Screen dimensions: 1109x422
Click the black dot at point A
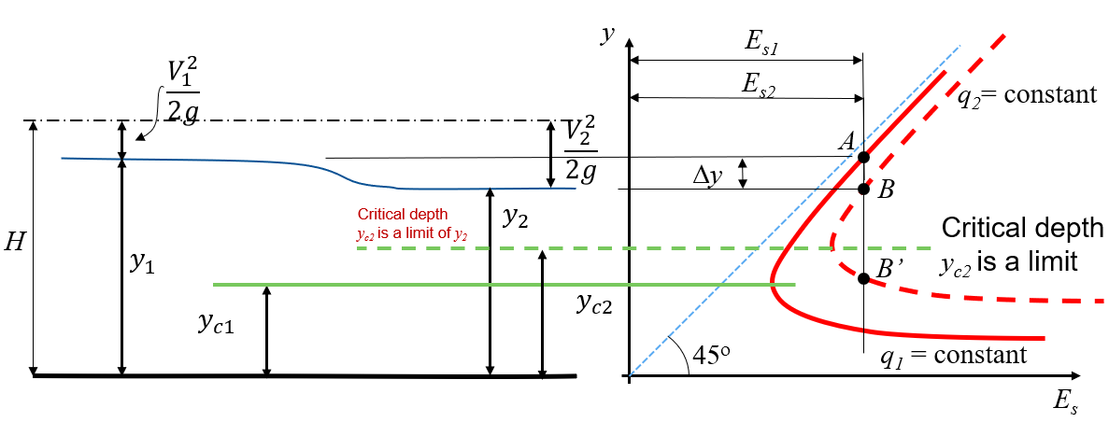point(863,157)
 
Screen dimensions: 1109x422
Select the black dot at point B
point(863,189)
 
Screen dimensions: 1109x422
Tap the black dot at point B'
point(863,278)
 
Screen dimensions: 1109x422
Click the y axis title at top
point(606,36)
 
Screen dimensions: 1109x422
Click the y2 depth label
point(516,219)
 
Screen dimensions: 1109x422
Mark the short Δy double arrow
point(742,174)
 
